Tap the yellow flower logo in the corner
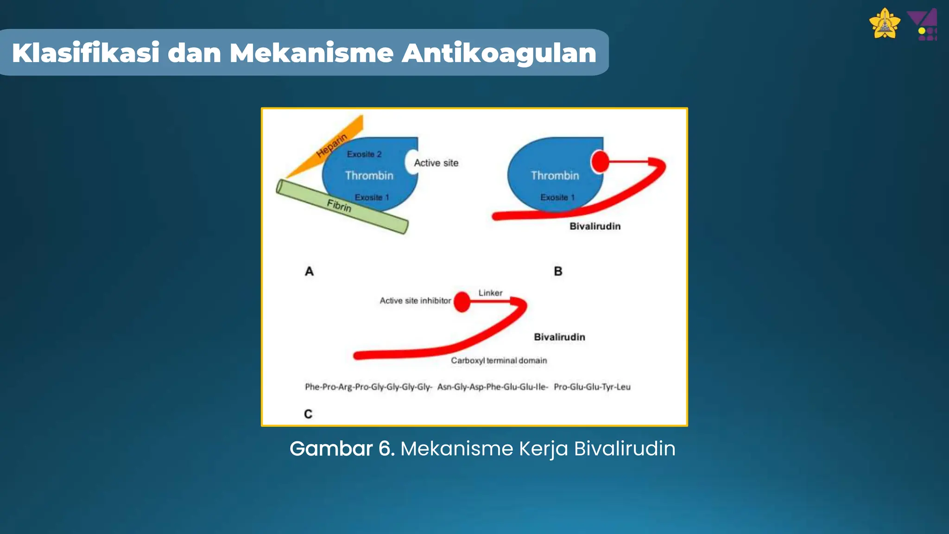(x=885, y=24)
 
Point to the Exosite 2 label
(x=364, y=154)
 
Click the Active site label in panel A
(x=436, y=163)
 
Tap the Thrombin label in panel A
(x=369, y=176)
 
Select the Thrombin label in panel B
(x=555, y=176)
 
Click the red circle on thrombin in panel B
(x=600, y=162)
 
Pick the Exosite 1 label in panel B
(x=557, y=197)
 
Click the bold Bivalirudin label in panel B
(x=595, y=226)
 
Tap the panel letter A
(x=309, y=271)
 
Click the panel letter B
(x=558, y=271)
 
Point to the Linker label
(x=490, y=293)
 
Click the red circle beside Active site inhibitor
(x=462, y=302)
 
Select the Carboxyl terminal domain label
(x=499, y=361)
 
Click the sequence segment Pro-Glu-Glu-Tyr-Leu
(x=592, y=387)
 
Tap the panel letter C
(x=308, y=414)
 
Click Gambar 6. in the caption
(x=342, y=449)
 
